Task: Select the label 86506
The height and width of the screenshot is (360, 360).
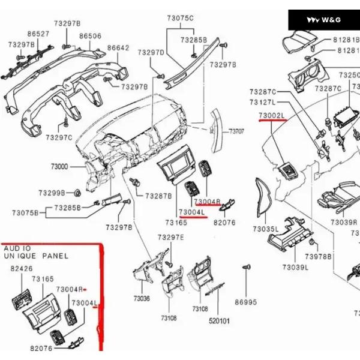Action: pos(90,36)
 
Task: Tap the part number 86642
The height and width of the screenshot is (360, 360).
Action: pos(118,47)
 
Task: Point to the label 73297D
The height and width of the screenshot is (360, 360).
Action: pos(151,52)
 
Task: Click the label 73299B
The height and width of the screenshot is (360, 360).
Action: pos(52,193)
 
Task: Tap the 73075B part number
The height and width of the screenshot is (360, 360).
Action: pos(25,212)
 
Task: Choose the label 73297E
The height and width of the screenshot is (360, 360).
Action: pos(170,238)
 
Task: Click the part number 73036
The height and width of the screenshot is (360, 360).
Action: pos(142,298)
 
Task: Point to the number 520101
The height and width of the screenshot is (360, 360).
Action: pos(219,321)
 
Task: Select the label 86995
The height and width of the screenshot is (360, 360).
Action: pos(245,302)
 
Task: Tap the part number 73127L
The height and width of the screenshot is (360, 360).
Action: pos(262,103)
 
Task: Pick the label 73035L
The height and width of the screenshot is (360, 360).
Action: pos(265,229)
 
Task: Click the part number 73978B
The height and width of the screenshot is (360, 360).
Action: pos(318,257)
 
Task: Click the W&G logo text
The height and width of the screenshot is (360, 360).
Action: pos(331,20)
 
